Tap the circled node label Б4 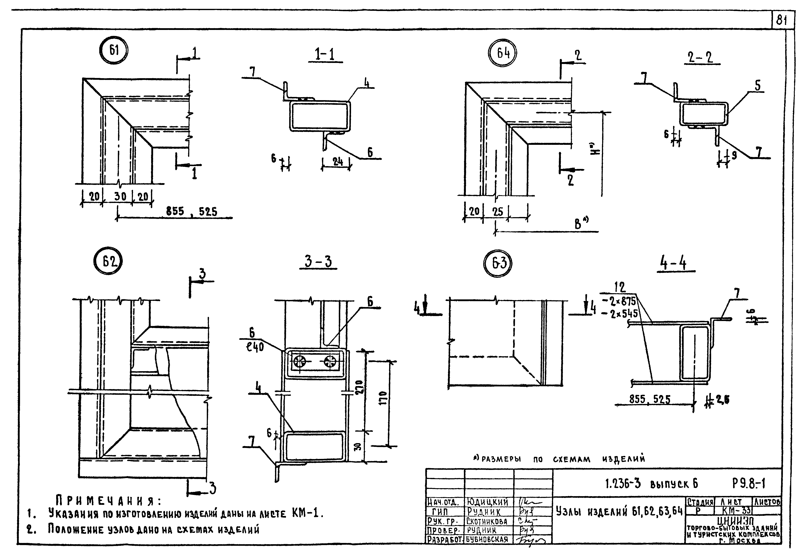coord(502,53)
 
